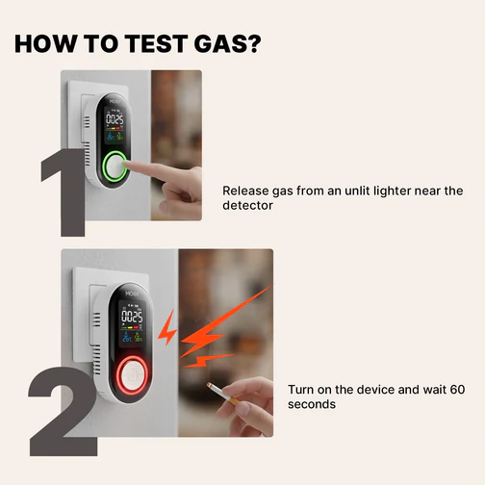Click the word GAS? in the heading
pyautogui.click(x=227, y=43)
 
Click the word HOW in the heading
pyautogui.click(x=46, y=43)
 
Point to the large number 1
pyautogui.click(x=64, y=192)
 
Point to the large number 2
pyautogui.click(x=63, y=412)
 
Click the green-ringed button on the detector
pyautogui.click(x=115, y=166)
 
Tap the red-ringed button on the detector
pyautogui.click(x=132, y=375)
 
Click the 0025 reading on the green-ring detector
pyautogui.click(x=115, y=120)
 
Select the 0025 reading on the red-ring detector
pyautogui.click(x=132, y=317)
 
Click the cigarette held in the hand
pyautogui.click(x=222, y=394)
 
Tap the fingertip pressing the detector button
pyautogui.click(x=126, y=165)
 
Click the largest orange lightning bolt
pyautogui.click(x=224, y=321)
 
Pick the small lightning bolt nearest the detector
pyautogui.click(x=168, y=327)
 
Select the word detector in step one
pyautogui.click(x=247, y=205)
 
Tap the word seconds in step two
pyautogui.click(x=312, y=404)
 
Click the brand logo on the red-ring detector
pyautogui.click(x=132, y=294)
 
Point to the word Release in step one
pyautogui.click(x=245, y=191)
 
